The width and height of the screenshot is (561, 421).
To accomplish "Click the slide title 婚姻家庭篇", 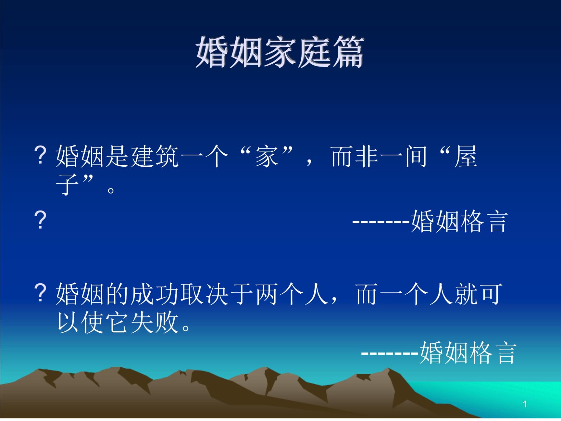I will [x=280, y=52].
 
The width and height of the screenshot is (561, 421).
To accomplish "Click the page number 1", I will [x=525, y=404].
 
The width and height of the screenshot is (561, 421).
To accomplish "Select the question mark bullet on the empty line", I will [x=40, y=220].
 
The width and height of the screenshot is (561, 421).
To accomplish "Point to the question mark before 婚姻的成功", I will [x=40, y=293].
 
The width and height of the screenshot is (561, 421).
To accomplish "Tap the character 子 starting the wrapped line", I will [x=68, y=185].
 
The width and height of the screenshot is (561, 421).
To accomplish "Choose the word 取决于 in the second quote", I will [x=217, y=294].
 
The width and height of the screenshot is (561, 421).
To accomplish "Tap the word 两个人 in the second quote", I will [x=292, y=294].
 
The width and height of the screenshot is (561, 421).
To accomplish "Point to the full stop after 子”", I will [x=111, y=190].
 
